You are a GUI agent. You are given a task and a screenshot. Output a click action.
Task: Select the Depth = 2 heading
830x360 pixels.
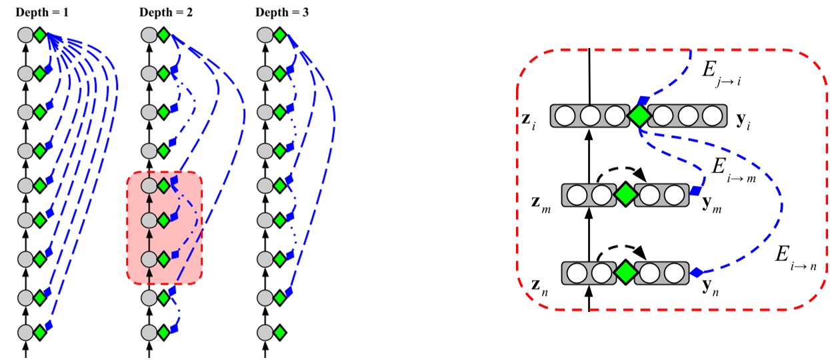click(166, 12)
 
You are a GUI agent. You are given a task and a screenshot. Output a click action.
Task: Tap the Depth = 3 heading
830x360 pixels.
click(282, 12)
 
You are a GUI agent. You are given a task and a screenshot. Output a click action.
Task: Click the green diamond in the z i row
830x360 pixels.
click(639, 117)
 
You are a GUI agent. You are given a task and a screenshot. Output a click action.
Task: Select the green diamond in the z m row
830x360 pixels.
click(625, 195)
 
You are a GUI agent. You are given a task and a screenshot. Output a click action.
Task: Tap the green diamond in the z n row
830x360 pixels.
click(625, 272)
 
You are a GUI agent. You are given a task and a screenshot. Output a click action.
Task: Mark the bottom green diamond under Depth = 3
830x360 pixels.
click(279, 331)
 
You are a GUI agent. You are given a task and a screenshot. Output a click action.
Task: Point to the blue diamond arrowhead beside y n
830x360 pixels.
click(696, 272)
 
